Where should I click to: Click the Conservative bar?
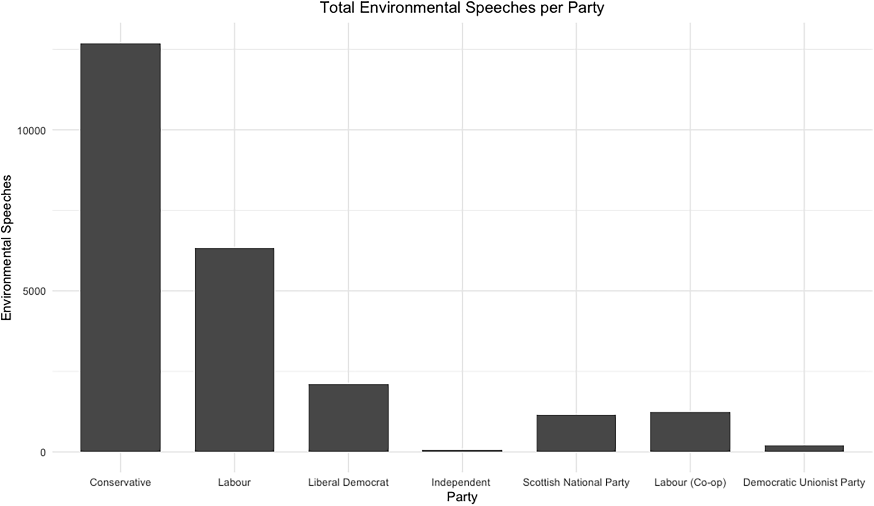pyautogui.click(x=120, y=247)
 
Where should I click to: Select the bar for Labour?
pyautogui.click(x=234, y=349)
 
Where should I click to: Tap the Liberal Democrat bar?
pyautogui.click(x=348, y=418)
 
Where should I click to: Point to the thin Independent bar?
pyautogui.click(x=462, y=451)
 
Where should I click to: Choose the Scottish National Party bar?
pyautogui.click(x=576, y=433)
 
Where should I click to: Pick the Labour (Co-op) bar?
pyautogui.click(x=690, y=432)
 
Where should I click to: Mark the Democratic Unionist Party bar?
pyautogui.click(x=804, y=448)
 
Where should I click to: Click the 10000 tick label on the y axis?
pyautogui.click(x=31, y=131)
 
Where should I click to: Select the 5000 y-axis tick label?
pyautogui.click(x=34, y=291)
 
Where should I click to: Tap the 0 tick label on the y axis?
pyautogui.click(x=43, y=453)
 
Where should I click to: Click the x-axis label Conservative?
pyautogui.click(x=120, y=482)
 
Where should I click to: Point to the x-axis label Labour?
pyautogui.click(x=234, y=482)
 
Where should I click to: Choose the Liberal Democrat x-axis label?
pyautogui.click(x=348, y=482)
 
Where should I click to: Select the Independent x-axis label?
pyautogui.click(x=461, y=482)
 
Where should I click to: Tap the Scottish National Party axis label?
pyautogui.click(x=576, y=482)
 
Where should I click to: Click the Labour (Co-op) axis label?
pyautogui.click(x=690, y=483)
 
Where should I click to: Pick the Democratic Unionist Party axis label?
pyautogui.click(x=804, y=482)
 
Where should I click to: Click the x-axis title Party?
pyautogui.click(x=462, y=497)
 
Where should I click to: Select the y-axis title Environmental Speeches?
pyautogui.click(x=6, y=247)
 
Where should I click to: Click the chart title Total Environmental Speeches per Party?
pyautogui.click(x=462, y=8)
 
